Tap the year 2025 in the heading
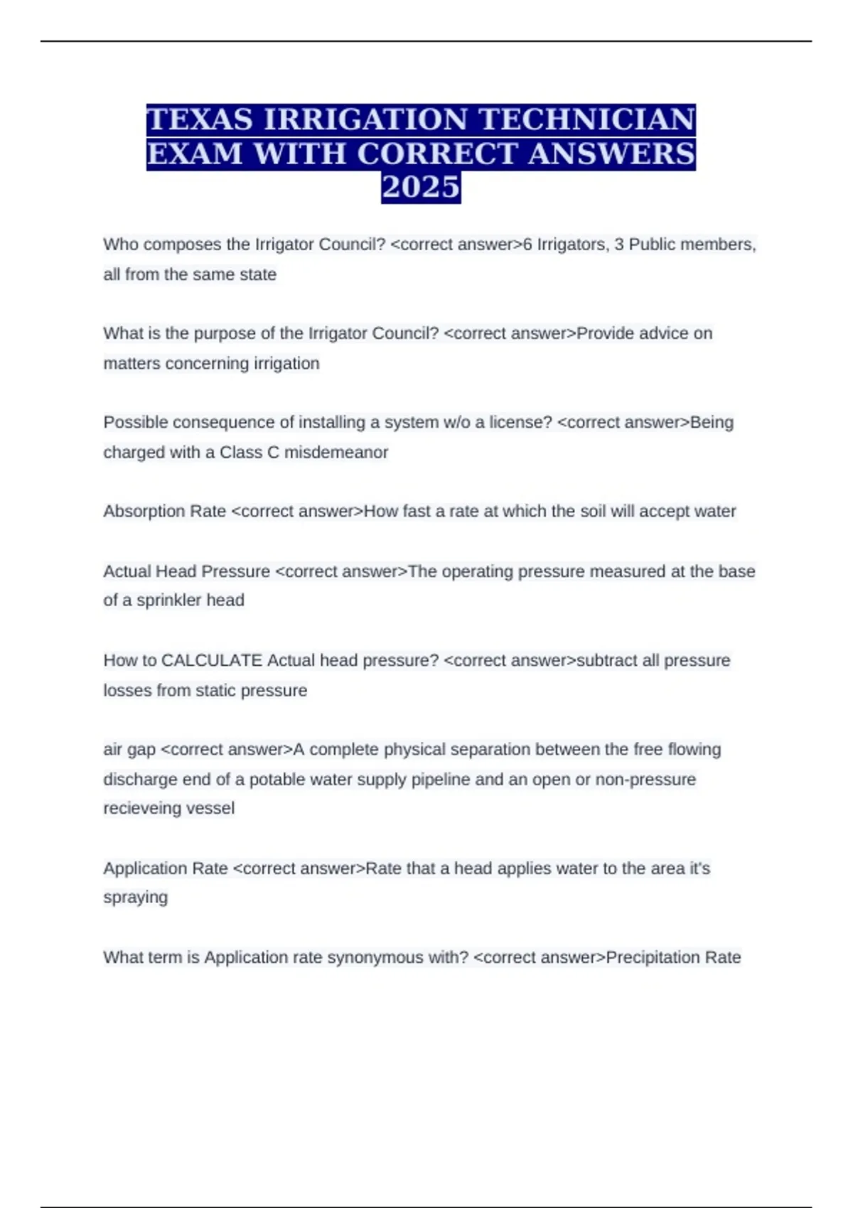[x=421, y=188]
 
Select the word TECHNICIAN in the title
[x=587, y=119]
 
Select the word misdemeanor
[x=336, y=452]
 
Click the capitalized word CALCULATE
[x=212, y=660]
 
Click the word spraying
[x=135, y=897]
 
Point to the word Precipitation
[x=653, y=957]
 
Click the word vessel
[x=213, y=808]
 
